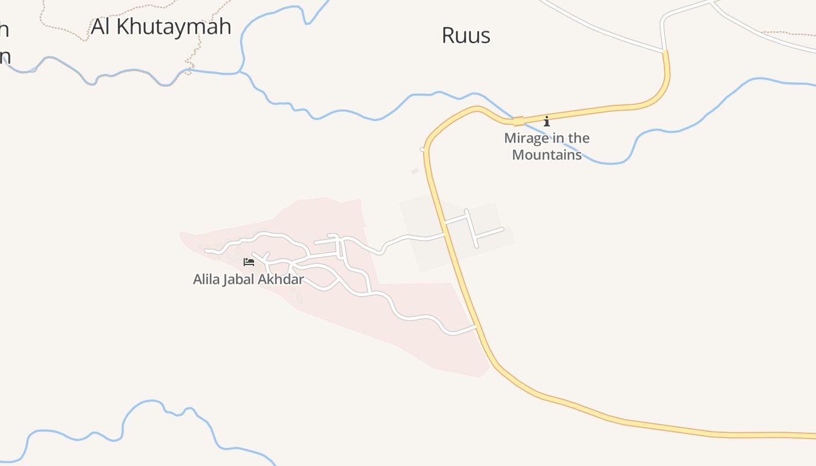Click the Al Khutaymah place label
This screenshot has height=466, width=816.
pyautogui.click(x=161, y=27)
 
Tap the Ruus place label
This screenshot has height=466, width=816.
pyautogui.click(x=466, y=36)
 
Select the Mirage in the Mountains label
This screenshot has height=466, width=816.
pyautogui.click(x=547, y=146)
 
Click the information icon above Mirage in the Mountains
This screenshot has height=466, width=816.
pyautogui.click(x=547, y=121)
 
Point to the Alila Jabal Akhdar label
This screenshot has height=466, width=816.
pyautogui.click(x=248, y=280)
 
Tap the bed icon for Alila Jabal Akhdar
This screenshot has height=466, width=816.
pyautogui.click(x=249, y=262)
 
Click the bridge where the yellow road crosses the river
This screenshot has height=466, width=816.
pyautogui.click(x=518, y=121)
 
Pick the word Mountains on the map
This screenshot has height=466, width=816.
pyautogui.click(x=547, y=155)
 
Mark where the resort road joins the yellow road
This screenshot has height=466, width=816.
pyautogui.click(x=477, y=327)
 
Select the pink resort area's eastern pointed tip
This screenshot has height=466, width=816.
pyautogui.click(x=488, y=369)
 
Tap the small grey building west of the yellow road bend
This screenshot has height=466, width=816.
pyautogui.click(x=415, y=171)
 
